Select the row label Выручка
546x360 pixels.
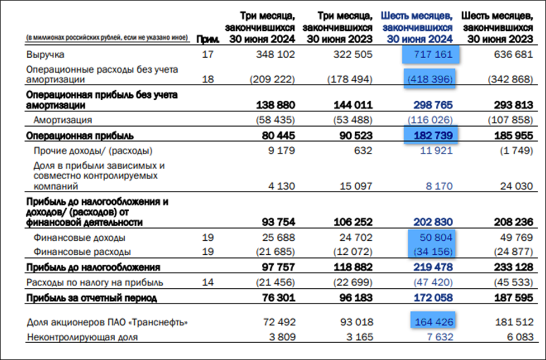[x=45, y=55]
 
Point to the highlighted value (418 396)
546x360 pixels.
[x=429, y=80]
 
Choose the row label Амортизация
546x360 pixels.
[x=62, y=120]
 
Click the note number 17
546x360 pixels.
[x=208, y=55]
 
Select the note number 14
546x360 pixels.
[x=208, y=282]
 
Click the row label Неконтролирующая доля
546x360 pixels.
[x=82, y=337]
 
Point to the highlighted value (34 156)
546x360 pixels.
[x=431, y=252]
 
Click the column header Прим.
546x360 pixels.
[x=205, y=39]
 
